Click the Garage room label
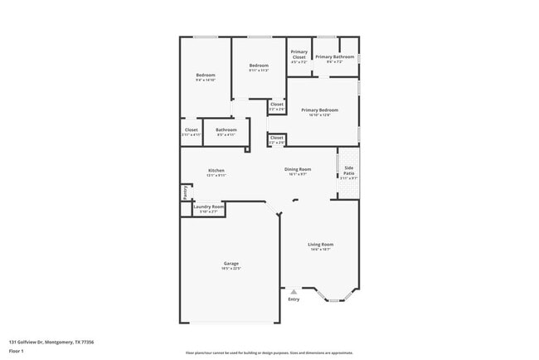tap(231, 263)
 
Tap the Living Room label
tap(321, 244)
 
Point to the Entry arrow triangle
tap(293, 291)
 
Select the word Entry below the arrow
tap(294, 299)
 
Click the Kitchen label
tap(216, 171)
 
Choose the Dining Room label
tap(299, 170)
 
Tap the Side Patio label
tap(349, 171)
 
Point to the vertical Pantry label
tap(184, 192)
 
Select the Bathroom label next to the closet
tap(226, 130)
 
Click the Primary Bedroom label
tap(320, 110)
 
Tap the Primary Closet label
tap(299, 55)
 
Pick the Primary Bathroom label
tap(334, 57)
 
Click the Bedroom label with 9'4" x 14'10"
tap(206, 75)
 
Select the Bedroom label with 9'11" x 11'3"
tap(259, 66)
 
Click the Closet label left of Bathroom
tap(191, 130)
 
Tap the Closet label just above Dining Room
tap(277, 138)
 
